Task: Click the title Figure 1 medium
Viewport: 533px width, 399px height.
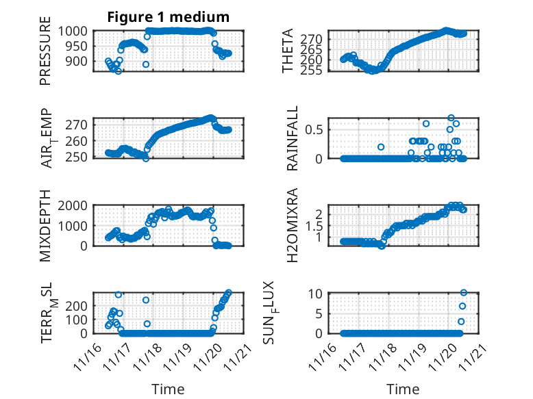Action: click(168, 17)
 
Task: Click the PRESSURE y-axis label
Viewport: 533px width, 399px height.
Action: click(45, 55)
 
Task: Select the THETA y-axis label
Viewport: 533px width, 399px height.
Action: click(288, 51)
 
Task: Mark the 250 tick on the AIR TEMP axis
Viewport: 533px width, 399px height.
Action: click(79, 157)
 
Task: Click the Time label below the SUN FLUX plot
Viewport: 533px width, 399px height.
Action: click(403, 389)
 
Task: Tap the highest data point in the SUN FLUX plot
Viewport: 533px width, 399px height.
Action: click(464, 293)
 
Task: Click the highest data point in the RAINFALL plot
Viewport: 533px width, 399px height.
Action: click(451, 118)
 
